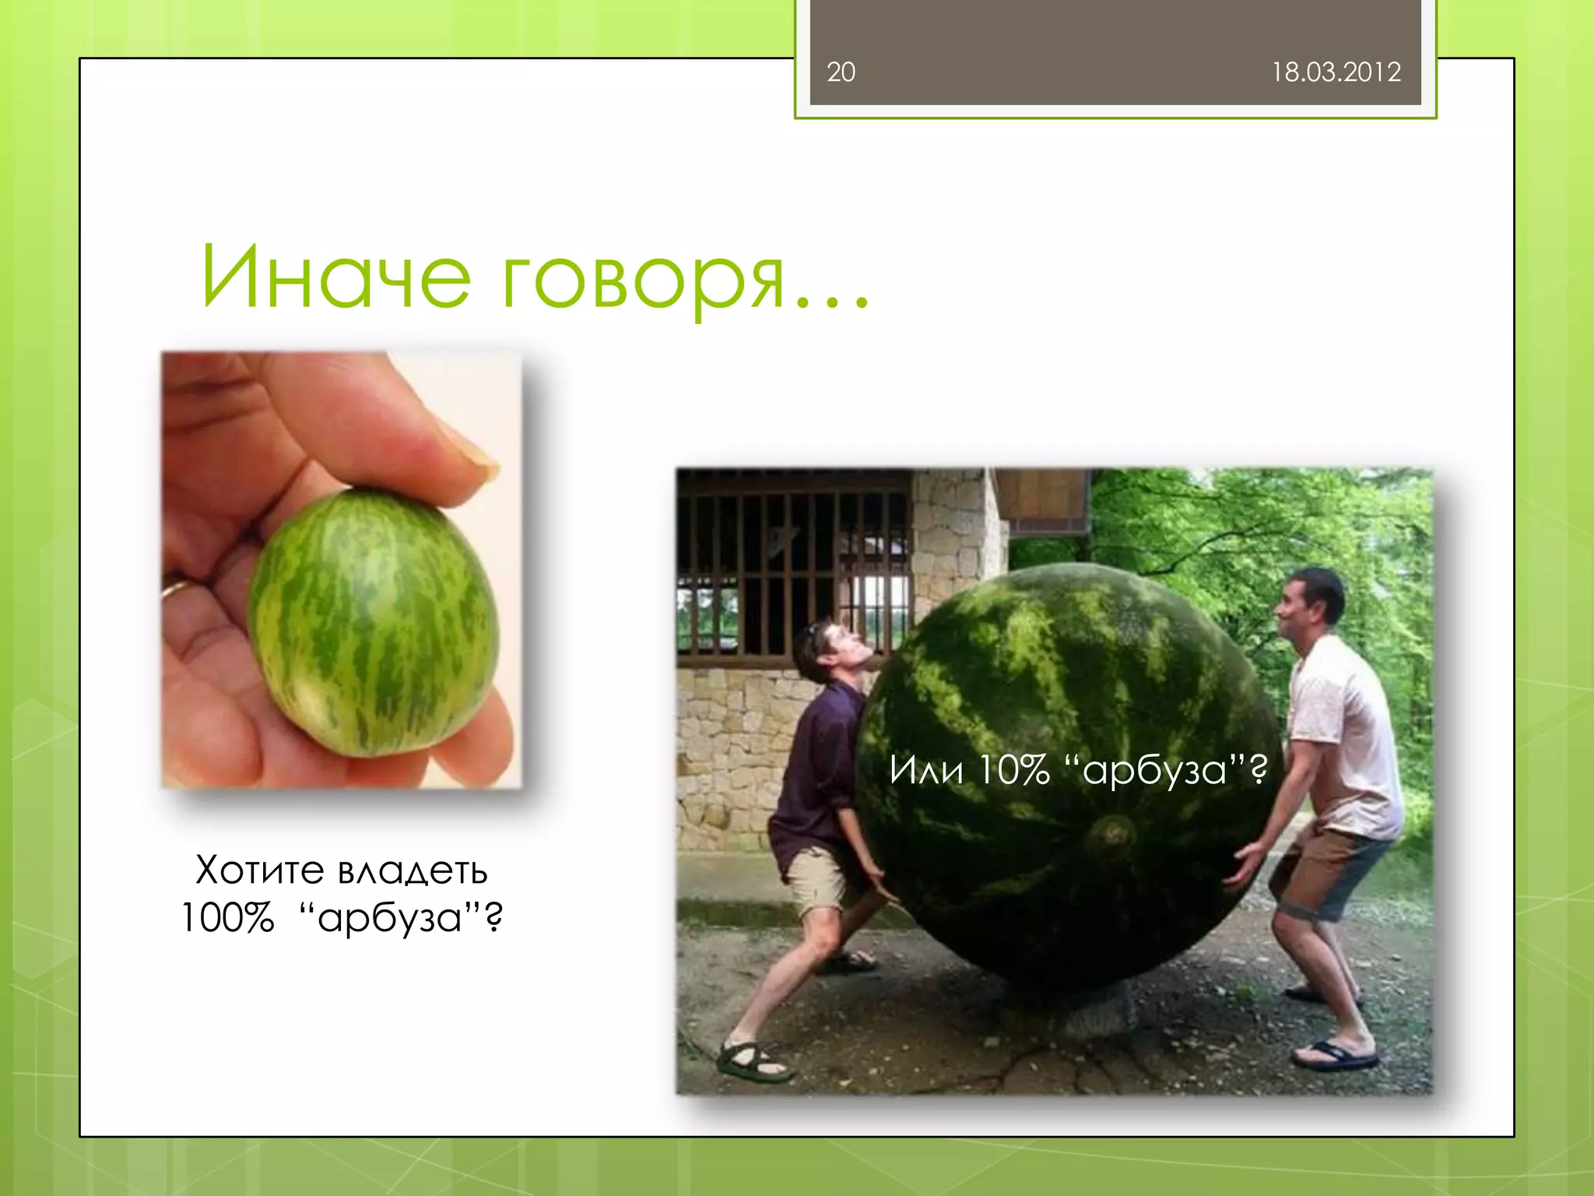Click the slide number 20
(x=841, y=72)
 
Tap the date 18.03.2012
(x=1336, y=72)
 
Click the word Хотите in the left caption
(x=259, y=870)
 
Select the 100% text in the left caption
(x=227, y=918)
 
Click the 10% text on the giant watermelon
(x=1013, y=770)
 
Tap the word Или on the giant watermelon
(x=927, y=770)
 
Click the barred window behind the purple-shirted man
(x=786, y=568)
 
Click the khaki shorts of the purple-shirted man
(x=817, y=880)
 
